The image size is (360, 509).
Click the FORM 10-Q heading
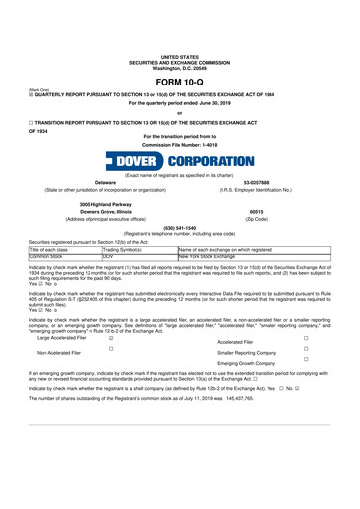179,81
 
